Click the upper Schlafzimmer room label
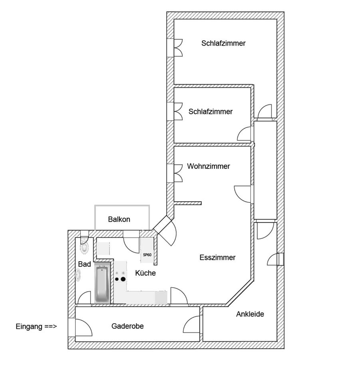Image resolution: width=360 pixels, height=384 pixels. point(223,43)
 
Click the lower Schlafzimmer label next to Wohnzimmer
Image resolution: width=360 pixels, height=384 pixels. point(210,112)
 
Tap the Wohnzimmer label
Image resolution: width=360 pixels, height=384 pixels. point(208,166)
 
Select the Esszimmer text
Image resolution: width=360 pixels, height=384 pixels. point(217,258)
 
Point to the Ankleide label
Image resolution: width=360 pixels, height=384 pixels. point(250,314)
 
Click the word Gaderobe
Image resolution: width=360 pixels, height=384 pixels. point(127,326)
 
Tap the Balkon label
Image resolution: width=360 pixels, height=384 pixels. point(119,219)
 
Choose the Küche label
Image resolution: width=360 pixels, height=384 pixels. point(145,273)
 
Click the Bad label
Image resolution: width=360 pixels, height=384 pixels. point(84,264)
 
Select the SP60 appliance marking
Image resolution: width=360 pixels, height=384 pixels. point(147,254)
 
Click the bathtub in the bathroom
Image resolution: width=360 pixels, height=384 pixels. point(102,284)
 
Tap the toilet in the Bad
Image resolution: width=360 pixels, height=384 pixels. point(84,248)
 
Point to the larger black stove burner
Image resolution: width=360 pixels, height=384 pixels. point(123,279)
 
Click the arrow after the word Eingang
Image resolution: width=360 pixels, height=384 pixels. point(50,326)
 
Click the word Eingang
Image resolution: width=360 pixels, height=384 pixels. point(29,326)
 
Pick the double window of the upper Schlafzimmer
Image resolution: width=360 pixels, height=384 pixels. point(178,48)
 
